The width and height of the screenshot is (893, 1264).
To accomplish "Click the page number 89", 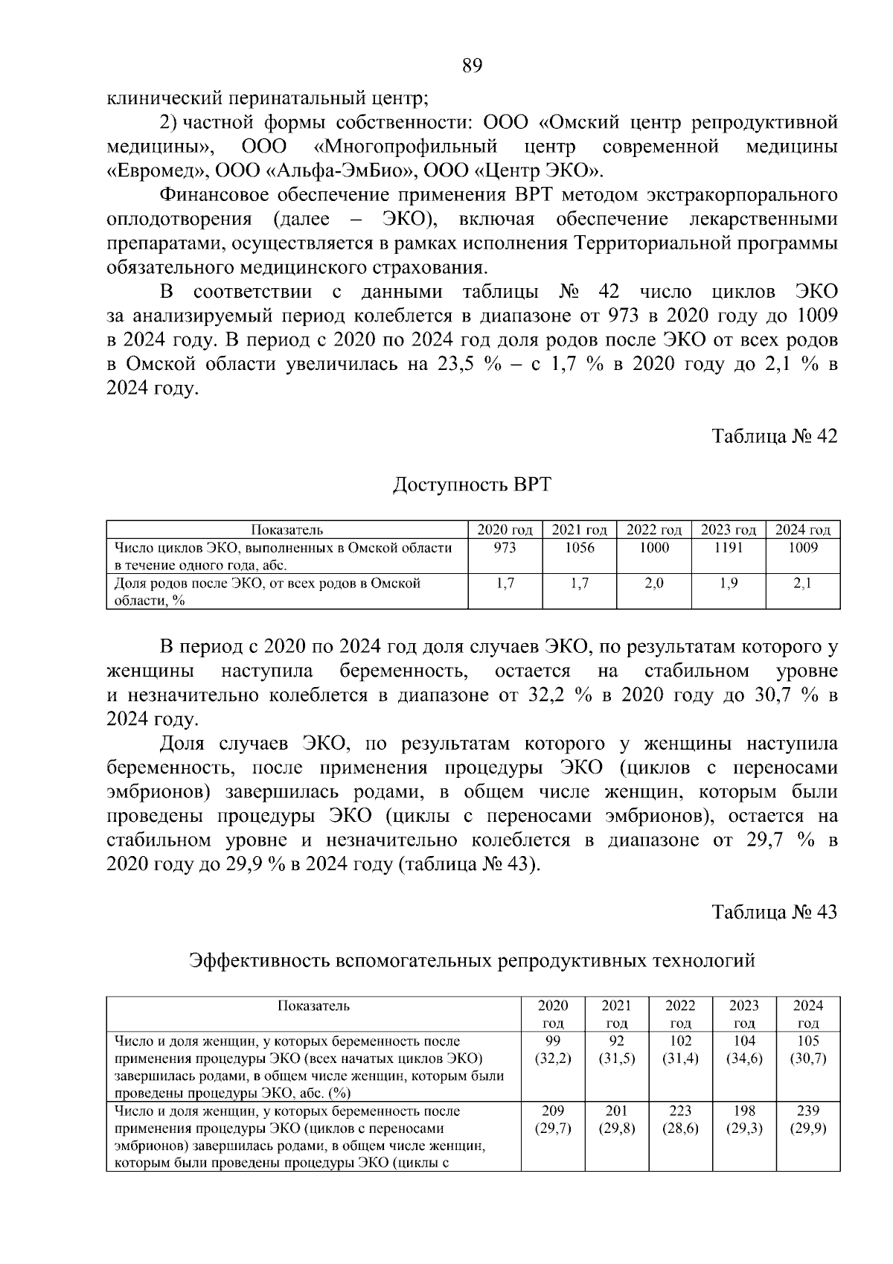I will coord(473,66).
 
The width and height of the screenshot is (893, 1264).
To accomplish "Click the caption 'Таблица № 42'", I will coord(775,436).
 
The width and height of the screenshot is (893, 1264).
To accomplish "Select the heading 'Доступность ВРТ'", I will coord(472,485).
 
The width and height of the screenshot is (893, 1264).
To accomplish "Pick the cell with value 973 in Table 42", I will coord(505,548).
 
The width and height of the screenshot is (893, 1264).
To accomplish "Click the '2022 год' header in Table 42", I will coord(654,530).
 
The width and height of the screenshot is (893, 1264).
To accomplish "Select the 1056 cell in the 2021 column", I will coord(579,548).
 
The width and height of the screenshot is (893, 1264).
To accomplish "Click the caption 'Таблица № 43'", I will coord(775,912).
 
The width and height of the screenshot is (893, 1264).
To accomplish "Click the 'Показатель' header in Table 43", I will coord(313,1006).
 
